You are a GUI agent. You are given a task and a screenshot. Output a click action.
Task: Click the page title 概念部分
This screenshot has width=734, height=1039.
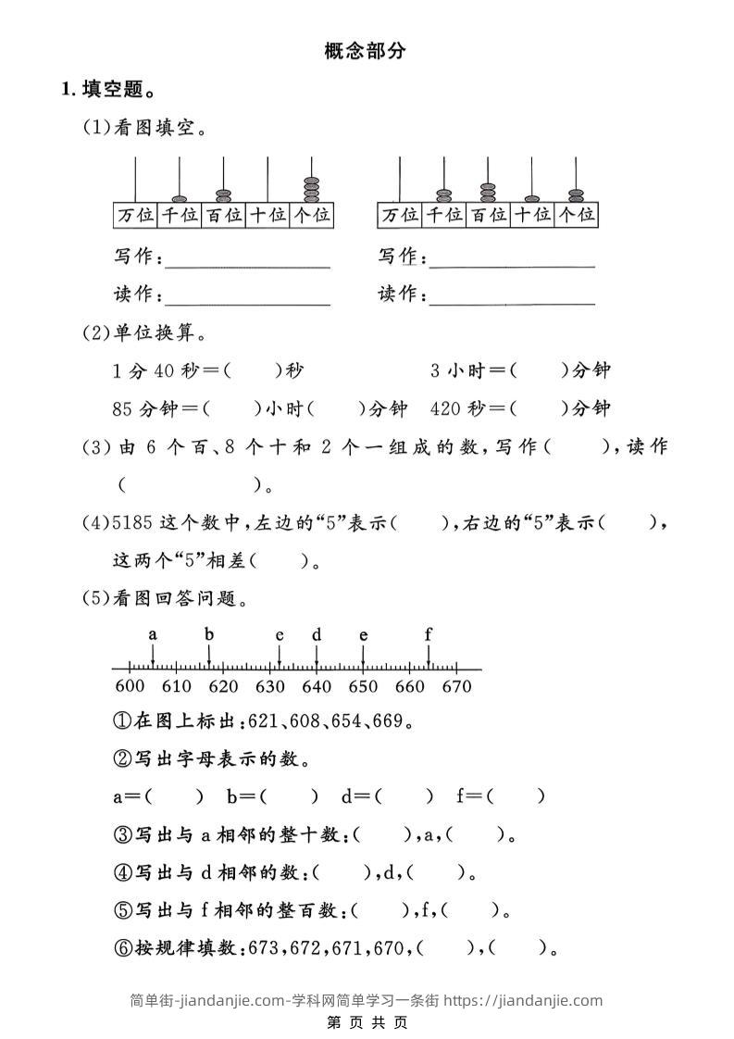(x=366, y=51)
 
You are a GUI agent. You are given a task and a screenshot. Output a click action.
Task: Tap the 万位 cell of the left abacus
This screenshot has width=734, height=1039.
(x=135, y=216)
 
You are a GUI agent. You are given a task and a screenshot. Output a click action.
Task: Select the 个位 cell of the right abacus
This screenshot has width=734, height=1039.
(x=575, y=216)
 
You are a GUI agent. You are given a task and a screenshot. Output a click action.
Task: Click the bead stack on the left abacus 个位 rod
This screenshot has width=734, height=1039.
(x=311, y=189)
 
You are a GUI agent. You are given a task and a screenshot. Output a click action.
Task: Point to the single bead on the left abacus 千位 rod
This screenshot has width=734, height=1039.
(x=179, y=198)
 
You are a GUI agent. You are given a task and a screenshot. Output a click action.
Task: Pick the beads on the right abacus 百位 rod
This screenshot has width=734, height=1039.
(x=488, y=193)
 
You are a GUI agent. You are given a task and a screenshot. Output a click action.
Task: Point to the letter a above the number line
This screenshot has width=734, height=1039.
(x=153, y=634)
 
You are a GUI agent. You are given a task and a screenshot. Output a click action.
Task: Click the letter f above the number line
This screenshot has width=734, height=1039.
(x=429, y=634)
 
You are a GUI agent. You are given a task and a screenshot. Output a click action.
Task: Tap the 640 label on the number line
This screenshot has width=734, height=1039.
(x=316, y=686)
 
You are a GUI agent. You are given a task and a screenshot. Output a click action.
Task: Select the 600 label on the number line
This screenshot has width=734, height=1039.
(x=130, y=686)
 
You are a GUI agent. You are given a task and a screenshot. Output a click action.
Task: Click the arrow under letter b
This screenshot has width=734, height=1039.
(x=209, y=655)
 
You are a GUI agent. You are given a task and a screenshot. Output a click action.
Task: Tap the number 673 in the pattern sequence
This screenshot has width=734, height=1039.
(x=267, y=947)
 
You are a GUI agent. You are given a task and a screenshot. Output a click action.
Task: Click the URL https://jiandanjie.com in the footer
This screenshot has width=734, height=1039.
(x=523, y=1000)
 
